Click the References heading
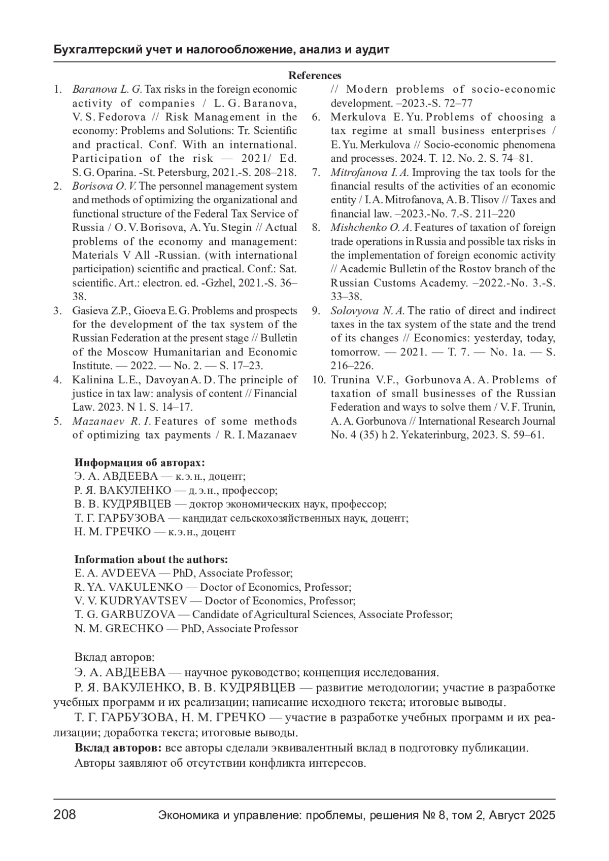point(315,76)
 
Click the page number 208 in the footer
point(64,815)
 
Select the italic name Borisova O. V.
point(105,186)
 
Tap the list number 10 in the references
point(318,380)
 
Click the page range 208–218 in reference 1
point(278,172)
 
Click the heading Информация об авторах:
point(140,462)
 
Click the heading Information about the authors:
point(151,559)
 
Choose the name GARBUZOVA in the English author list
point(138,615)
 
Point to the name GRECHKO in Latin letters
point(134,629)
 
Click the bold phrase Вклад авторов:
point(118,748)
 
